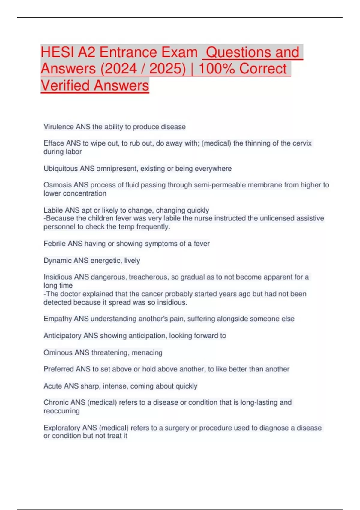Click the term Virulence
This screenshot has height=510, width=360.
pyautogui.click(x=59, y=127)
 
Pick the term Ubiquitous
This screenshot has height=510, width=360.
pyautogui.click(x=61, y=169)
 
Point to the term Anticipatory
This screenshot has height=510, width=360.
pyautogui.click(x=62, y=336)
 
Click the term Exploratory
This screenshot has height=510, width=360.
pyautogui.click(x=62, y=427)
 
